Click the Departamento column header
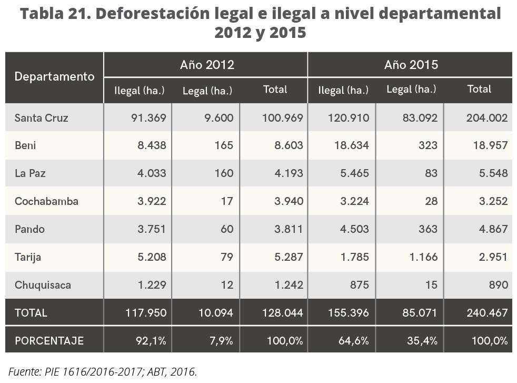pyautogui.click(x=54, y=77)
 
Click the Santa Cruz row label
pyautogui.click(x=42, y=117)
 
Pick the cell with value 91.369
pyautogui.click(x=149, y=117)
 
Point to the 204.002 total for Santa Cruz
pyautogui.click(x=486, y=117)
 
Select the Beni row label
pyautogui.click(x=25, y=145)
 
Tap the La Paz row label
pyautogui.click(x=29, y=173)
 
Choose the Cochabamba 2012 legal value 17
pyautogui.click(x=227, y=201)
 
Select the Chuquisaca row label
pyautogui.click(x=43, y=285)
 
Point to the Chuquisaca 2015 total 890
pyautogui.click(x=498, y=285)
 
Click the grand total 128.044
pyautogui.click(x=282, y=312)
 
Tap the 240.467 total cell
pyautogui.click(x=486, y=312)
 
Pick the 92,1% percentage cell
pyautogui.click(x=152, y=340)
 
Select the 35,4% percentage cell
pyautogui.click(x=422, y=340)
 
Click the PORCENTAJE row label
pyautogui.click(x=49, y=340)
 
